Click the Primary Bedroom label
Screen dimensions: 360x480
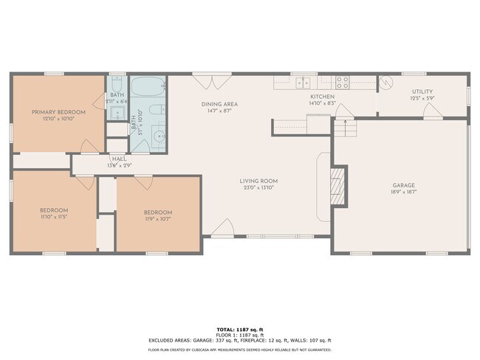point(58,112)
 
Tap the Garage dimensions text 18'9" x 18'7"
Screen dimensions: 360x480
point(403,193)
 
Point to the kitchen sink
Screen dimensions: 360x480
point(304,81)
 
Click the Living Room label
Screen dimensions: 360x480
point(258,181)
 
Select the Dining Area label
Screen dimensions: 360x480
point(219,104)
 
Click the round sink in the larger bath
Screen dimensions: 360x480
point(157,138)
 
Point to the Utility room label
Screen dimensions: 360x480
point(423,91)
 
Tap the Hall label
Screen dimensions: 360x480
point(118,159)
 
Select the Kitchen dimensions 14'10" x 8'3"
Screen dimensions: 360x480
point(322,104)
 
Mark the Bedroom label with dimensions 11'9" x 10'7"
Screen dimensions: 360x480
point(158,213)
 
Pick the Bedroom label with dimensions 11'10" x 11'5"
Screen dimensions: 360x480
point(54,210)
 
